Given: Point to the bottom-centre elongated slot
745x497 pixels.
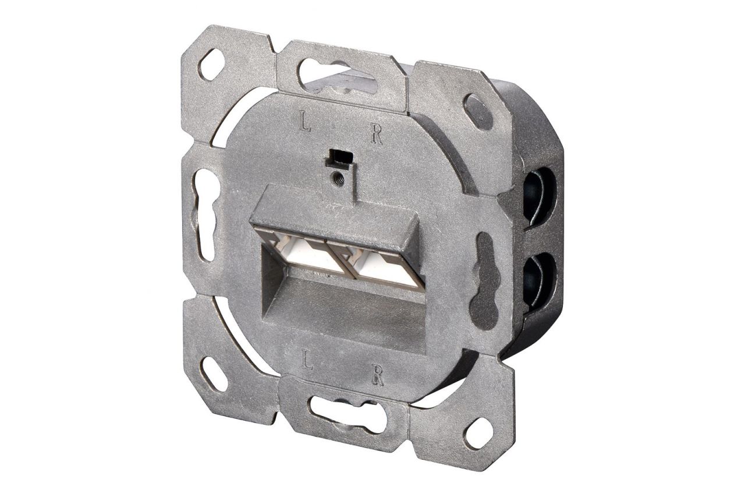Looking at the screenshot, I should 343,409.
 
